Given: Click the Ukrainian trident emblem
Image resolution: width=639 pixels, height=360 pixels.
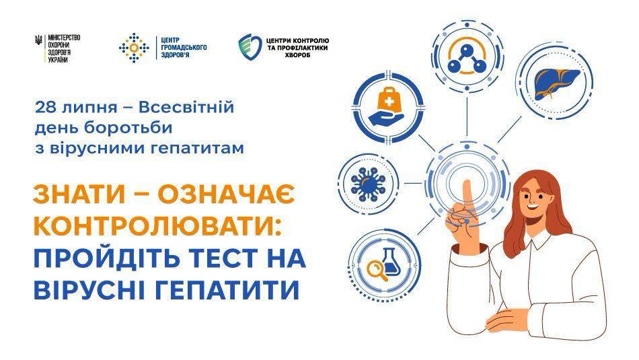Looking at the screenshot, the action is click(x=39, y=40).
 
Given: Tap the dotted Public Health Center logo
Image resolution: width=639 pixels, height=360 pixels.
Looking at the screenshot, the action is click(x=134, y=48).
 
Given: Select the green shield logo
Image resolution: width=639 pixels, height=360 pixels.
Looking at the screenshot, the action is click(x=250, y=47).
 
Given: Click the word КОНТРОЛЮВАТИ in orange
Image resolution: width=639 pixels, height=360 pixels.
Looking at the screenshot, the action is click(x=154, y=225).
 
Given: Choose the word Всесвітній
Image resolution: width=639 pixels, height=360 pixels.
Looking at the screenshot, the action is click(x=186, y=108).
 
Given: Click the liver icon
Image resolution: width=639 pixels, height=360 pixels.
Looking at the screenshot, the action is click(x=557, y=83).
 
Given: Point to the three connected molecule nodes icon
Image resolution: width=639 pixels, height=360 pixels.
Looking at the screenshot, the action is click(x=467, y=59).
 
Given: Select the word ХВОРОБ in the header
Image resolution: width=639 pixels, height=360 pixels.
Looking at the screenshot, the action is click(x=297, y=55).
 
